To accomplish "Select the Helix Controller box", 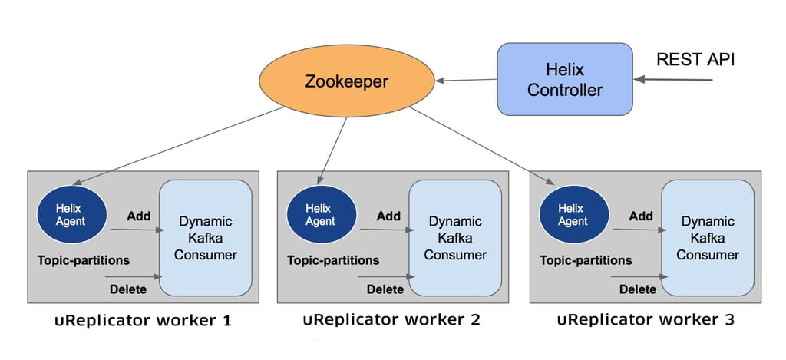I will click(566, 80).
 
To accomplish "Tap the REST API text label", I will click(696, 60).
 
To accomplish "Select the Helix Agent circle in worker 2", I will click(319, 215).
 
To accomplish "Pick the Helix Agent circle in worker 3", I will click(572, 215).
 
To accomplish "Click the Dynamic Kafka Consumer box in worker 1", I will click(205, 237).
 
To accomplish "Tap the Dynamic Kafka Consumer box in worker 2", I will click(454, 237).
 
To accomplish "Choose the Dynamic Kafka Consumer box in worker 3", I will click(707, 237).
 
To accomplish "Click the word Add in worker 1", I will click(138, 216).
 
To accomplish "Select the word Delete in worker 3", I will click(637, 289).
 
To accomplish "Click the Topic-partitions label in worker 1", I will click(84, 260).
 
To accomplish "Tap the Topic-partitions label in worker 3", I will click(586, 260).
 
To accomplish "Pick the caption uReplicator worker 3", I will click(646, 319).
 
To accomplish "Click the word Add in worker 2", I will click(388, 216).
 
